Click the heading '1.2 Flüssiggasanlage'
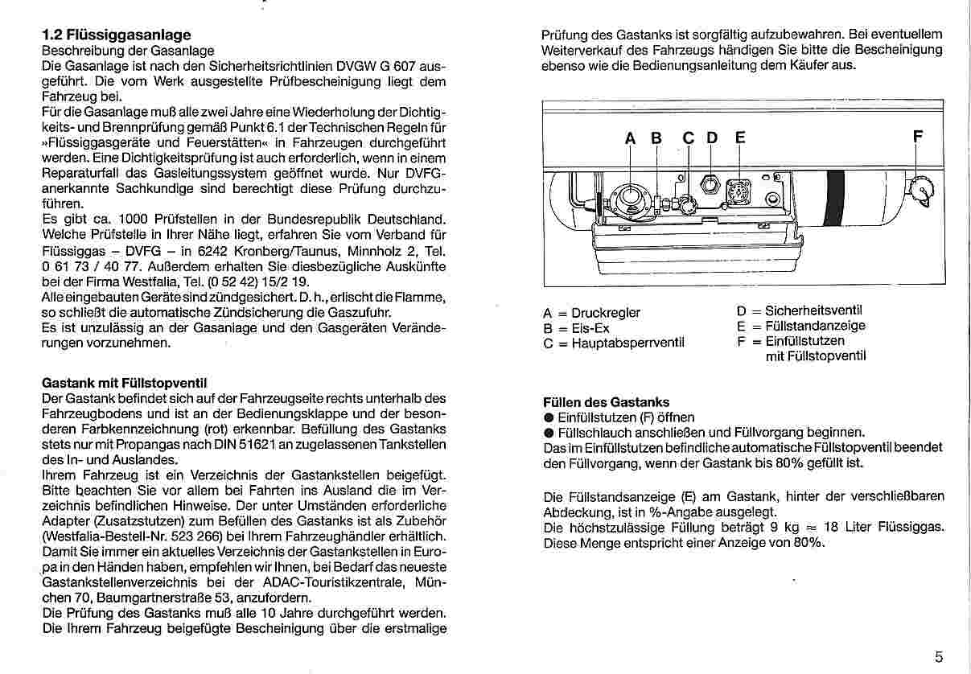116,35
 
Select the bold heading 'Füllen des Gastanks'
607,401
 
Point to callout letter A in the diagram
631,138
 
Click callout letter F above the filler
916,138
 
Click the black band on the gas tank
835,199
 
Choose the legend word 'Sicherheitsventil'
813,310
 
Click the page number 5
939,656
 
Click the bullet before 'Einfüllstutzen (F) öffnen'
549,417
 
